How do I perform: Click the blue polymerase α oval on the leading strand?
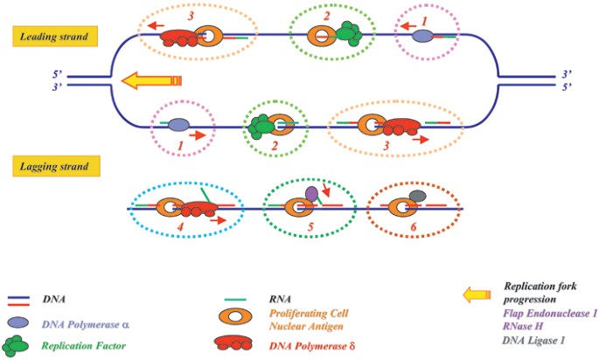pyautogui.click(x=421, y=37)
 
